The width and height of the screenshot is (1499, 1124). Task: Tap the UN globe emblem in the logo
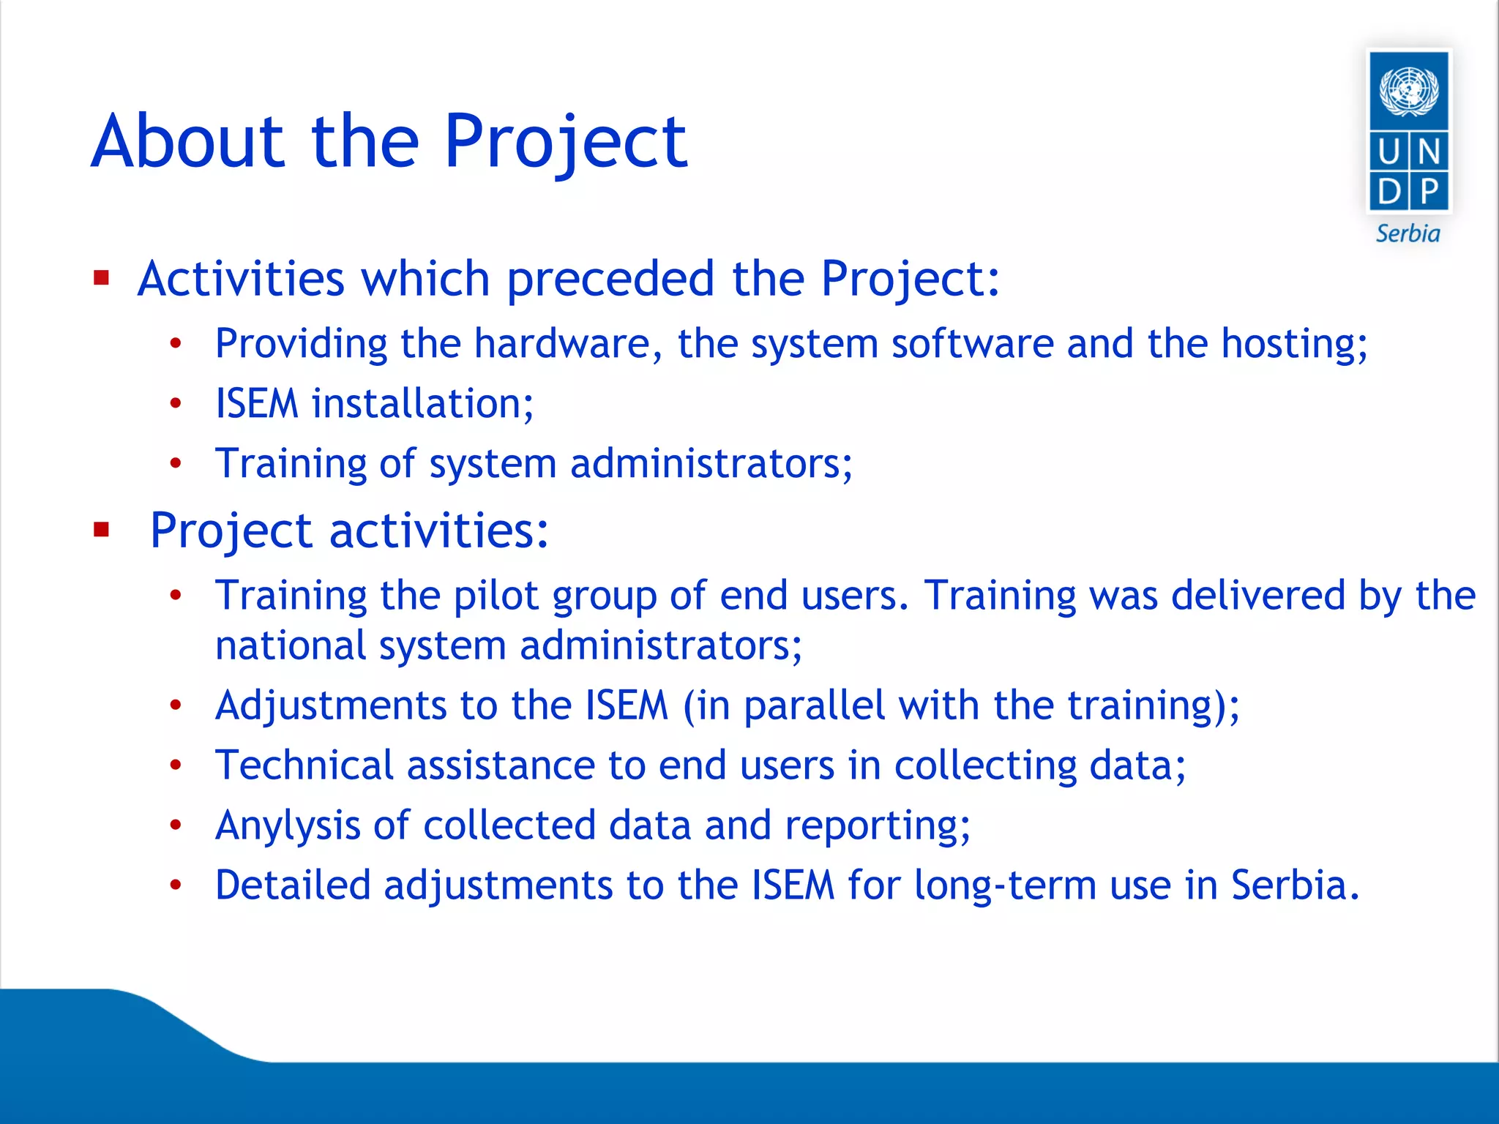(x=1408, y=91)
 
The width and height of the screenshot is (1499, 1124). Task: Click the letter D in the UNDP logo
(x=1388, y=192)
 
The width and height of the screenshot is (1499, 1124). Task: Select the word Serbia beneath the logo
(x=1408, y=234)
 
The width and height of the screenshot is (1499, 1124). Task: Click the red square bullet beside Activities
(x=101, y=278)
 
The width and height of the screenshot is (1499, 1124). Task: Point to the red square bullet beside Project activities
(x=101, y=529)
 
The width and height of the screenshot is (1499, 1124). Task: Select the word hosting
(x=1293, y=345)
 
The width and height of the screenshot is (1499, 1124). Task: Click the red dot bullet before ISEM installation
(x=176, y=403)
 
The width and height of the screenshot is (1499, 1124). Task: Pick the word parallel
(x=815, y=706)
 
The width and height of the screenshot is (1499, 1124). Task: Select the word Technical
(x=304, y=765)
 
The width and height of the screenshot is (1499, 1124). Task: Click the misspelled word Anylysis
(x=288, y=826)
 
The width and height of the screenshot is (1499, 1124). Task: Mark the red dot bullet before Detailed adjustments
(x=176, y=885)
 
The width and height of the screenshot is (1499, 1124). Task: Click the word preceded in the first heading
(x=610, y=278)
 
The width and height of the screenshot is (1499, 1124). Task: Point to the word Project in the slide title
(x=565, y=142)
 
